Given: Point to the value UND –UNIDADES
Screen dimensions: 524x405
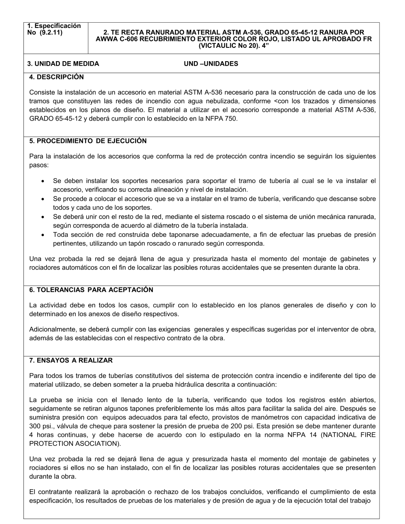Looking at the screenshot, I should point(211,64).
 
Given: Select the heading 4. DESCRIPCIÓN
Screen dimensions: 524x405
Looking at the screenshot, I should point(56,77).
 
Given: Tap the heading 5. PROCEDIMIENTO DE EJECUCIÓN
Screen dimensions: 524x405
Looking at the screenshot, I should point(88,141).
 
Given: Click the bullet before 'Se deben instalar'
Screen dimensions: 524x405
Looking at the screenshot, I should point(43,181).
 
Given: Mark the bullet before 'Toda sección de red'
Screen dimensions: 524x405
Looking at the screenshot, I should point(43,235).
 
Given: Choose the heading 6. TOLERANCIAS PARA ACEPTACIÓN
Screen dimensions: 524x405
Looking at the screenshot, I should point(91,290).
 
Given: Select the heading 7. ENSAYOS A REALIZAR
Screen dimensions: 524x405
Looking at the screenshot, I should point(71,360).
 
